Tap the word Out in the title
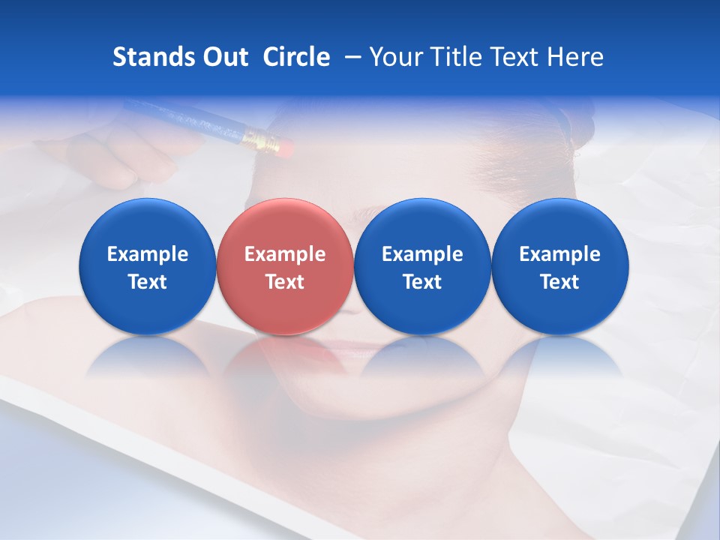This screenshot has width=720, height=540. tap(224, 57)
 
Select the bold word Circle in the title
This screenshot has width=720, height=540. tap(296, 57)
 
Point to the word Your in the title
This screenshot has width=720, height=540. tap(394, 57)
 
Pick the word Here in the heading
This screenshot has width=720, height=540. tap(575, 57)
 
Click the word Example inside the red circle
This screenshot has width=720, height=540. tap(284, 254)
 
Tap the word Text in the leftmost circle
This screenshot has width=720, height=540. tap(147, 282)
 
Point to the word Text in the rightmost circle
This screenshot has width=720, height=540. tap(559, 282)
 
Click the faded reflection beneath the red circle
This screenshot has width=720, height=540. tap(284, 360)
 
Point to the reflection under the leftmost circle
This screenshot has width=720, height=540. tap(147, 360)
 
